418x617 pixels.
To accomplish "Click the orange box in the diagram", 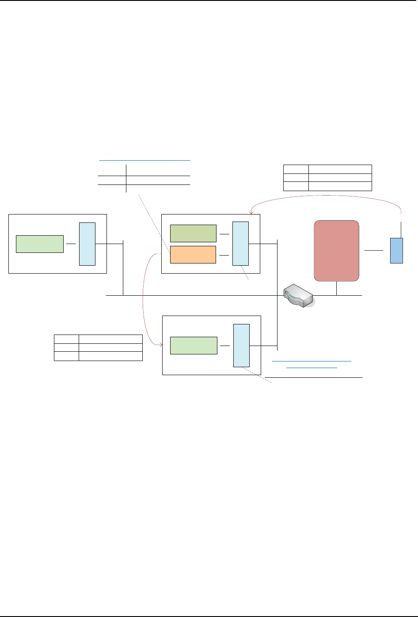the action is [x=193, y=255].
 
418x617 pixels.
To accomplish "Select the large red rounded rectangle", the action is [x=336, y=251].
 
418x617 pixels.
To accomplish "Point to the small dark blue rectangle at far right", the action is [x=396, y=251].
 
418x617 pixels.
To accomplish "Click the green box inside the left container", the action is [x=40, y=244].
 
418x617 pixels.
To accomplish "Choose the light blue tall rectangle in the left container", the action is [x=87, y=244].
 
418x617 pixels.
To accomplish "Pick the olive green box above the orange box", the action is [x=193, y=233].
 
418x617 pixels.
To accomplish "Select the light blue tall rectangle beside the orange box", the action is [x=240, y=244].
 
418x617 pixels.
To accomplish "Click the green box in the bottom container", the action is [x=194, y=345].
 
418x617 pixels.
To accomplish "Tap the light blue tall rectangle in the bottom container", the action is [x=241, y=345].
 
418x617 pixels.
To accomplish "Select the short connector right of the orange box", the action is [x=224, y=255].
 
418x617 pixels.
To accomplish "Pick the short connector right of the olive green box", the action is [x=224, y=234].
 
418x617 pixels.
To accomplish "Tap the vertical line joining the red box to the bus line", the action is [x=337, y=288].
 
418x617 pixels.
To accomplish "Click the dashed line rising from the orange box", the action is [x=155, y=223].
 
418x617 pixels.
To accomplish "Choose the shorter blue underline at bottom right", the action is [x=312, y=367].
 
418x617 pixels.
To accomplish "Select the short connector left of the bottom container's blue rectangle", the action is [x=225, y=345].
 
